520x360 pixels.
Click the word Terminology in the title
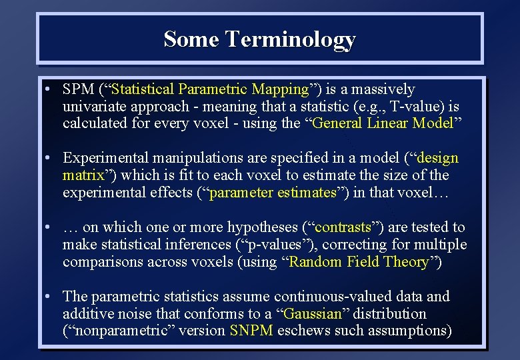coord(290,39)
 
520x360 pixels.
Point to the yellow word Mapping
coord(281,89)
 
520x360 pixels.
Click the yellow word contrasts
coord(343,227)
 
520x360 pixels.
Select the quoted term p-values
coord(286,245)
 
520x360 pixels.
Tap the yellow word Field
coord(363,262)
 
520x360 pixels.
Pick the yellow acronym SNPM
coord(251,331)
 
